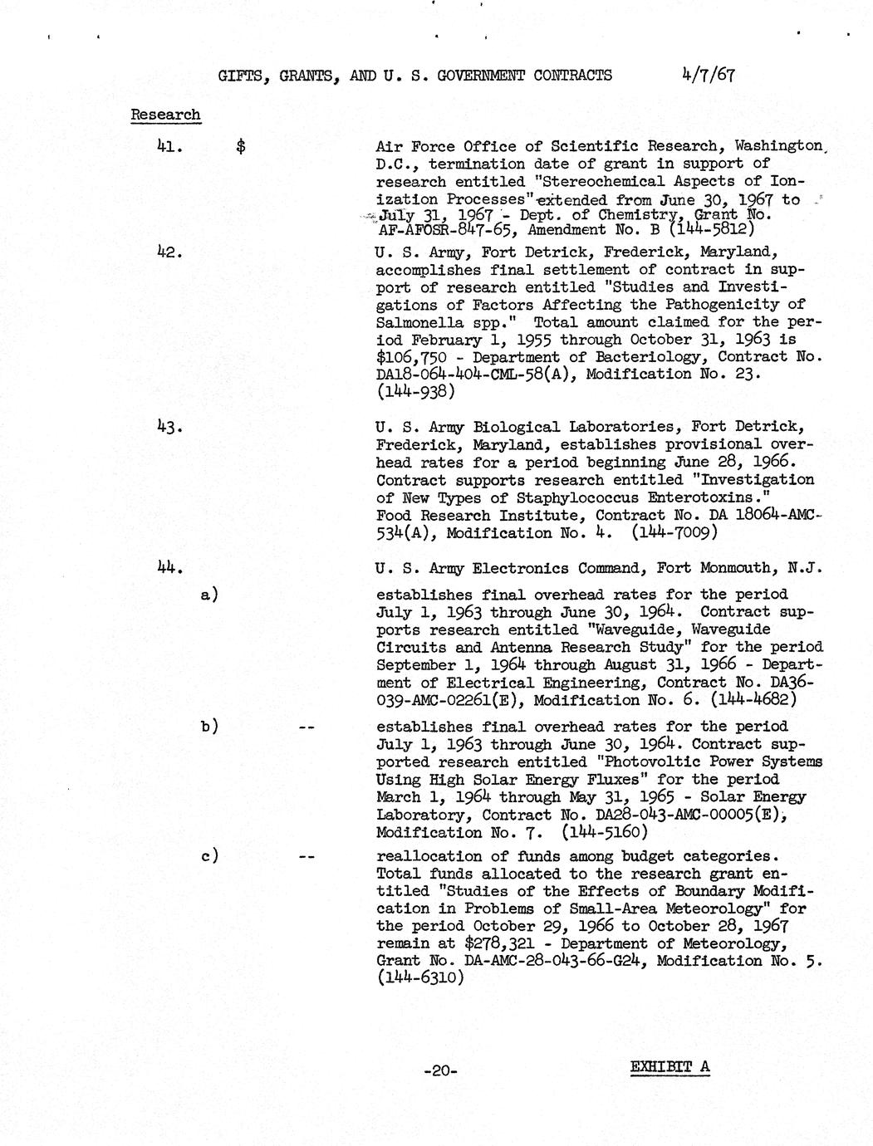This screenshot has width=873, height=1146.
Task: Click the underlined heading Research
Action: [165, 115]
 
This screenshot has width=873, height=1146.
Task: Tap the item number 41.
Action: [169, 146]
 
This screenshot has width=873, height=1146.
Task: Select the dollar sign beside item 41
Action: [241, 147]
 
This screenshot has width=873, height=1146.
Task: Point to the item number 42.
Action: [169, 252]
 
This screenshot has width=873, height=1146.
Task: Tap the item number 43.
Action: [169, 427]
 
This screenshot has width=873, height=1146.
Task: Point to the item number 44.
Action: [169, 569]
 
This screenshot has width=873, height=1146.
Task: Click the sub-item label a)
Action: [209, 595]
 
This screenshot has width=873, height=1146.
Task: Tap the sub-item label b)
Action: [209, 726]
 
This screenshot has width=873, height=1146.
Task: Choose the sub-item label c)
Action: [209, 856]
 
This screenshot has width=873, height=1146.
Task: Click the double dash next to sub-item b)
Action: [306, 727]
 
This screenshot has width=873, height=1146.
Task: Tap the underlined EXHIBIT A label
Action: [669, 1067]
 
